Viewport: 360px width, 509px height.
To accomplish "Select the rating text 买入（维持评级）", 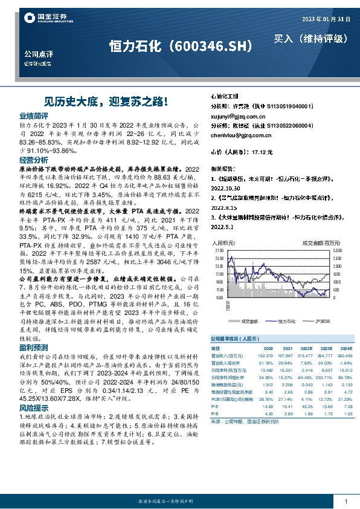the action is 312,39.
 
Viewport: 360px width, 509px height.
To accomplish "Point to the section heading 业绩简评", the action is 33,115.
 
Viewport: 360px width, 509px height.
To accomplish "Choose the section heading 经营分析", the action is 33,160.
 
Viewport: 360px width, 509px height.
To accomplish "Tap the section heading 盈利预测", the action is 33,348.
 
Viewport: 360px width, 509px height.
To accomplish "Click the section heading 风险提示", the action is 33,409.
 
